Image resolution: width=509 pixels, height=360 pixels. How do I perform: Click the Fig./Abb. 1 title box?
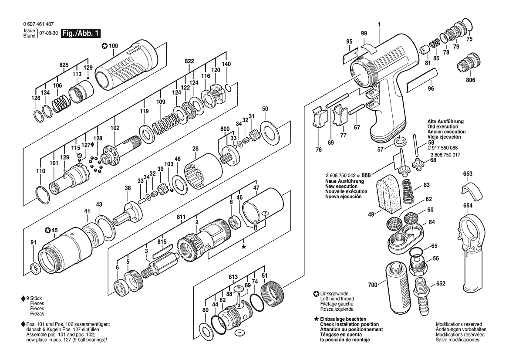[x=81, y=33]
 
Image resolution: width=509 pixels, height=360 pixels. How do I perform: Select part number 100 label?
[x=113, y=46]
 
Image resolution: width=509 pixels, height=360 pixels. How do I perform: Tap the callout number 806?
[x=471, y=80]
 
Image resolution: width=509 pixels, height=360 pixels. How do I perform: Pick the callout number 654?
[x=468, y=205]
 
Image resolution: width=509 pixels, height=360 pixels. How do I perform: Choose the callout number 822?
[x=189, y=61]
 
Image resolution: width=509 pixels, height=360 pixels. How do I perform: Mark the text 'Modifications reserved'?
[x=459, y=324]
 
